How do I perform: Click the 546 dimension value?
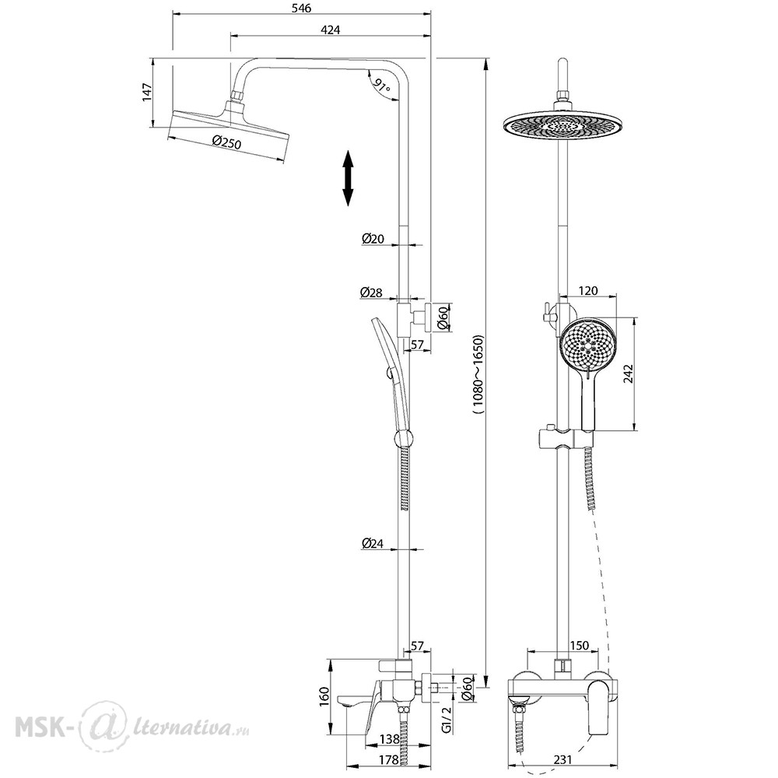301,9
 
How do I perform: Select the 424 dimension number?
331,30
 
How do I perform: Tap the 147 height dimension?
147,93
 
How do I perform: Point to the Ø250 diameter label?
226,143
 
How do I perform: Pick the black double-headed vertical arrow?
348,178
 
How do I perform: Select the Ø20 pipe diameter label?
373,239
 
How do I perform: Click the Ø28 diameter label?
372,293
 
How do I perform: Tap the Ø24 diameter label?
373,543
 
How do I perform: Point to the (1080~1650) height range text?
478,375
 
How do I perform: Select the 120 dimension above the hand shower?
588,290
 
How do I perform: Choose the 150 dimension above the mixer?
579,646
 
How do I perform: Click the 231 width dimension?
562,759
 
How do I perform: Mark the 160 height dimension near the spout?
324,697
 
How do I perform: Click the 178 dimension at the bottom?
388,759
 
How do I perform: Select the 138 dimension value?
389,739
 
